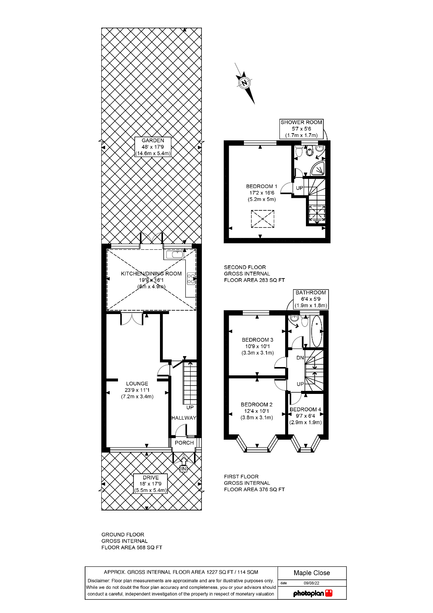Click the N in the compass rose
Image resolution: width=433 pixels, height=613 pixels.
pos(244,82)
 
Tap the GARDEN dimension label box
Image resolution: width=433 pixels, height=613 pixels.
pos(153,147)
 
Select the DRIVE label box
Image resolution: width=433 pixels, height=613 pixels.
pos(151,484)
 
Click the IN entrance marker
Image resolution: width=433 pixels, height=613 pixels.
pos(183,469)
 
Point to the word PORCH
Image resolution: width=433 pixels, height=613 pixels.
pos(184,443)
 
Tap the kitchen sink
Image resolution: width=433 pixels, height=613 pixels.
pos(174,255)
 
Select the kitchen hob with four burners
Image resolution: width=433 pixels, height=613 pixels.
pos(191,279)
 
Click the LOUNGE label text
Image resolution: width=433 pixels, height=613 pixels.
pos(137,384)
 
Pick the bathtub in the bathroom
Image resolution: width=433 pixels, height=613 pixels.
pos(317,331)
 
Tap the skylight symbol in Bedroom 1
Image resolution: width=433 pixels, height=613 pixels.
pos(262,219)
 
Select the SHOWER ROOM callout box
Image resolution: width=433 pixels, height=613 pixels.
pos(301,129)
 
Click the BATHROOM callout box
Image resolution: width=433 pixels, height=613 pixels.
pos(311,299)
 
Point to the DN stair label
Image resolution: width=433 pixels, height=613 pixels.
pos(300,358)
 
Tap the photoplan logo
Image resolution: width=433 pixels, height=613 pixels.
pos(313,593)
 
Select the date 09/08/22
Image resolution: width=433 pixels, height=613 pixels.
pos(312,583)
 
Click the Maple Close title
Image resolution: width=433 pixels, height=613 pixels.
pos(312,573)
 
